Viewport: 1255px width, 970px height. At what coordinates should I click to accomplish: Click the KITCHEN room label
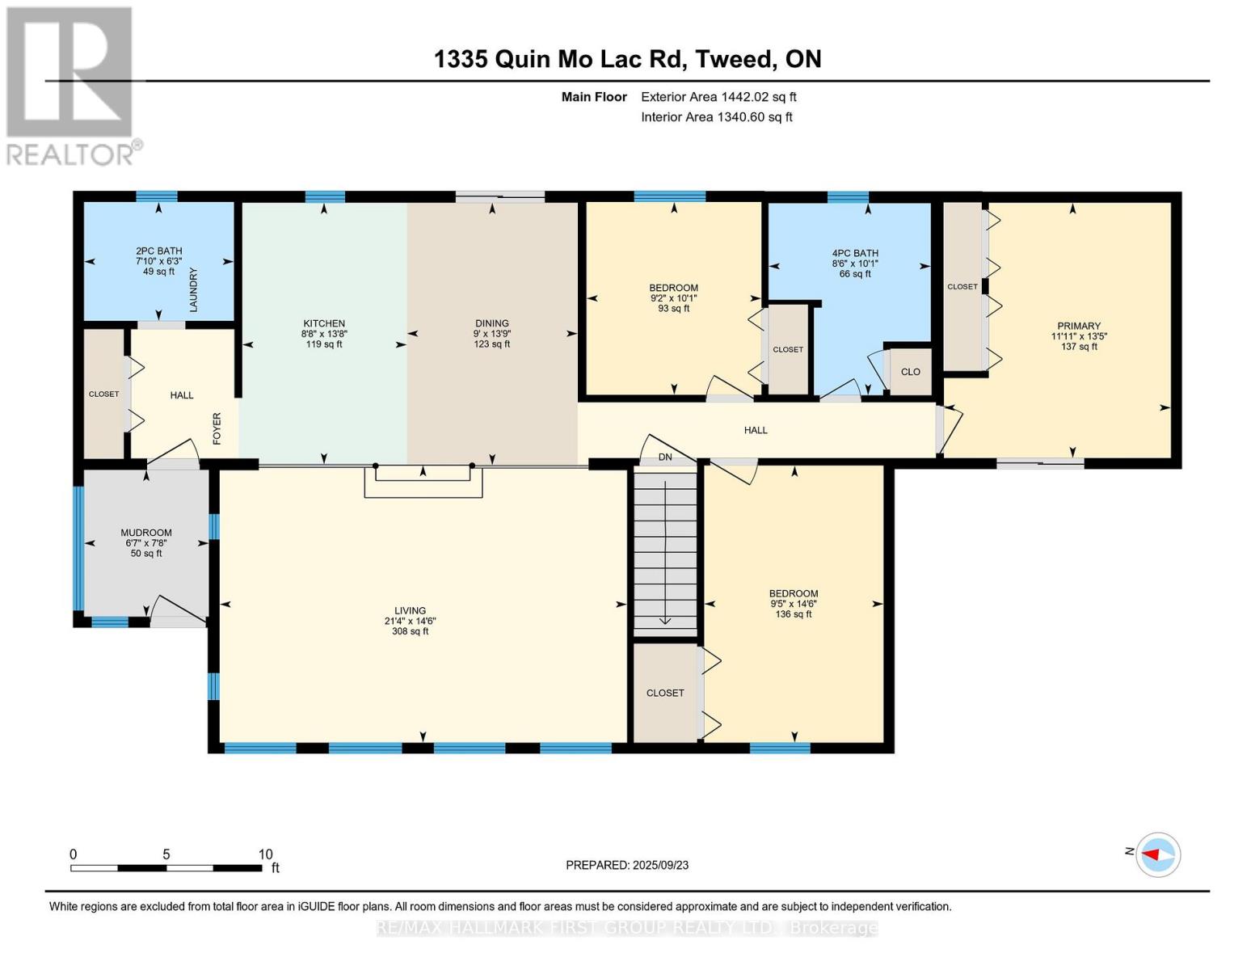[x=324, y=323]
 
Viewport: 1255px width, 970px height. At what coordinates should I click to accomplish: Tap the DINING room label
[x=492, y=323]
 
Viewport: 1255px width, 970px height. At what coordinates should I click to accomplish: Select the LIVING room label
[x=410, y=610]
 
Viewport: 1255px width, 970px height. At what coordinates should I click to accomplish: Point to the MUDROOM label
[x=146, y=533]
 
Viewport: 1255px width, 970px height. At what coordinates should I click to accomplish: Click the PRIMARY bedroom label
[x=1079, y=326]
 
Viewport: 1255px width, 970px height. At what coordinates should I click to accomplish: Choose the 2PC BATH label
[x=159, y=251]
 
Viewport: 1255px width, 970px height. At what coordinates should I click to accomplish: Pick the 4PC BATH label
[x=855, y=253]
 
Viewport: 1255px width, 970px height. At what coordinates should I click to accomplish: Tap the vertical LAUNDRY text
[x=193, y=290]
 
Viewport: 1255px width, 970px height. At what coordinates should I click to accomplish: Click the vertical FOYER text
[x=217, y=428]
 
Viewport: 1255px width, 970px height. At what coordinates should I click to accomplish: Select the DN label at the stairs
[x=665, y=457]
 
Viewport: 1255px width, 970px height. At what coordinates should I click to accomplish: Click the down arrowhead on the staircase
[x=665, y=621]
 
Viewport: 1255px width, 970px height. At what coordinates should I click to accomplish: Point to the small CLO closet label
[x=910, y=372]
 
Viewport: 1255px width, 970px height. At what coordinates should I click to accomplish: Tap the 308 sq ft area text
[x=410, y=631]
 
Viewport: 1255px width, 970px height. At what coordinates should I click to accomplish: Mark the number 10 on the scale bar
[x=265, y=854]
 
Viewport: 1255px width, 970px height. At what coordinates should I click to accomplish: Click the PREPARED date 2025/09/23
[x=660, y=865]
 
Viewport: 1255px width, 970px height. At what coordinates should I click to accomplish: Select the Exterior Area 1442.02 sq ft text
[x=718, y=97]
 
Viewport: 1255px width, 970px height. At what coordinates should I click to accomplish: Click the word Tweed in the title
[x=733, y=59]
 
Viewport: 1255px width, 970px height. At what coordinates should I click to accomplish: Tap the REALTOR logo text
[x=69, y=155]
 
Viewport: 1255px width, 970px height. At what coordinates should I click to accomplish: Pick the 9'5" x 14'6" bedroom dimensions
[x=794, y=604]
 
